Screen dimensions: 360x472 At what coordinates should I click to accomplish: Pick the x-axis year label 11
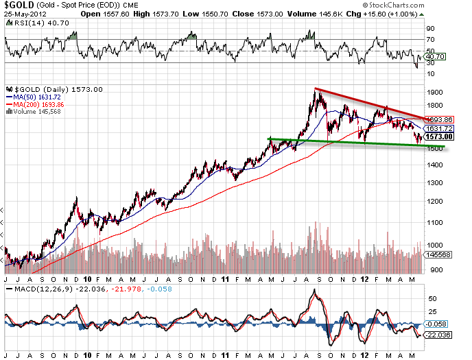pyautogui.click(x=227, y=280)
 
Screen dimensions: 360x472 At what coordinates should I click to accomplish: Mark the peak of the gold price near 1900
pyautogui.click(x=316, y=89)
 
